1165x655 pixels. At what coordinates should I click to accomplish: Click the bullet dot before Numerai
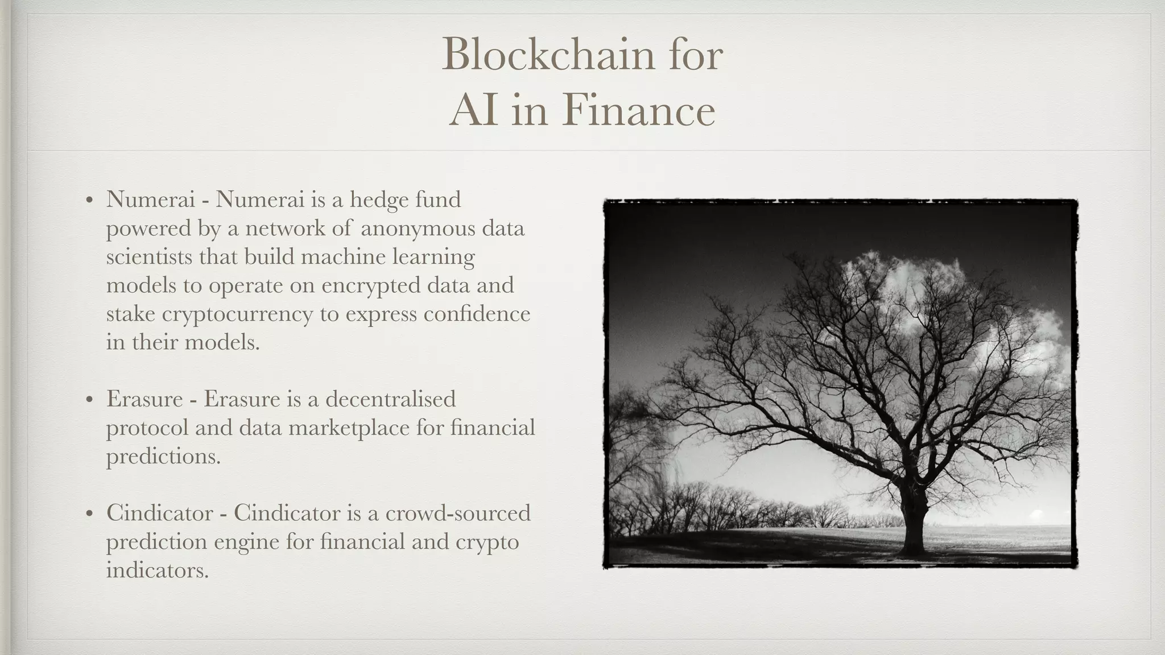coord(89,201)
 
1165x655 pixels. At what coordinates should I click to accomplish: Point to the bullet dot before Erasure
coord(89,400)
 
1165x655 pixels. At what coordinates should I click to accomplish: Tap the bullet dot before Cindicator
coord(89,514)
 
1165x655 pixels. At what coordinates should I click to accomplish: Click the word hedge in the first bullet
coord(379,200)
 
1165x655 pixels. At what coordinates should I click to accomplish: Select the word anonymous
coord(418,229)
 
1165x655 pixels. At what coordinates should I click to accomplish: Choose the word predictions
coord(163,457)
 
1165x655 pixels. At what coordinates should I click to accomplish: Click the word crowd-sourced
coord(458,513)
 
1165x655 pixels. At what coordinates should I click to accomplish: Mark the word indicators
coord(158,570)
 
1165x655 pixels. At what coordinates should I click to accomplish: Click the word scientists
coord(149,257)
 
